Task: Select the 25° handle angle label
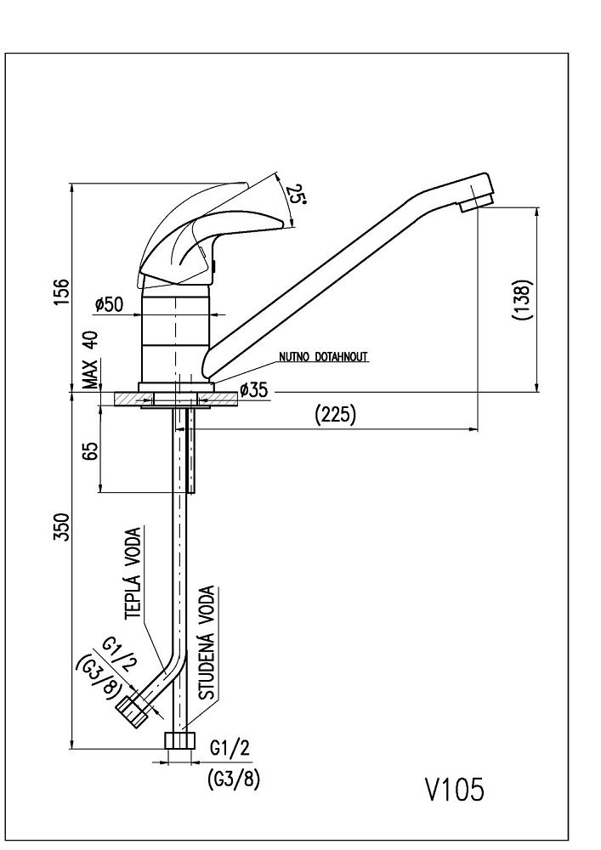tap(295, 196)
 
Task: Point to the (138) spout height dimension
tap(524, 299)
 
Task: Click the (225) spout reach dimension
tap(335, 414)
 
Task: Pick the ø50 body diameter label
tap(110, 303)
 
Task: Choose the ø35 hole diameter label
tap(254, 390)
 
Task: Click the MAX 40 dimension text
tap(91, 360)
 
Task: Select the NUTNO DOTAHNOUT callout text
tap(324, 357)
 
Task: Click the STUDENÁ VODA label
tap(208, 643)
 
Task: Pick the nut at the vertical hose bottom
tap(179, 739)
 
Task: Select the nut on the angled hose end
tap(130, 709)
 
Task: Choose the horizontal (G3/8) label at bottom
tap(232, 780)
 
